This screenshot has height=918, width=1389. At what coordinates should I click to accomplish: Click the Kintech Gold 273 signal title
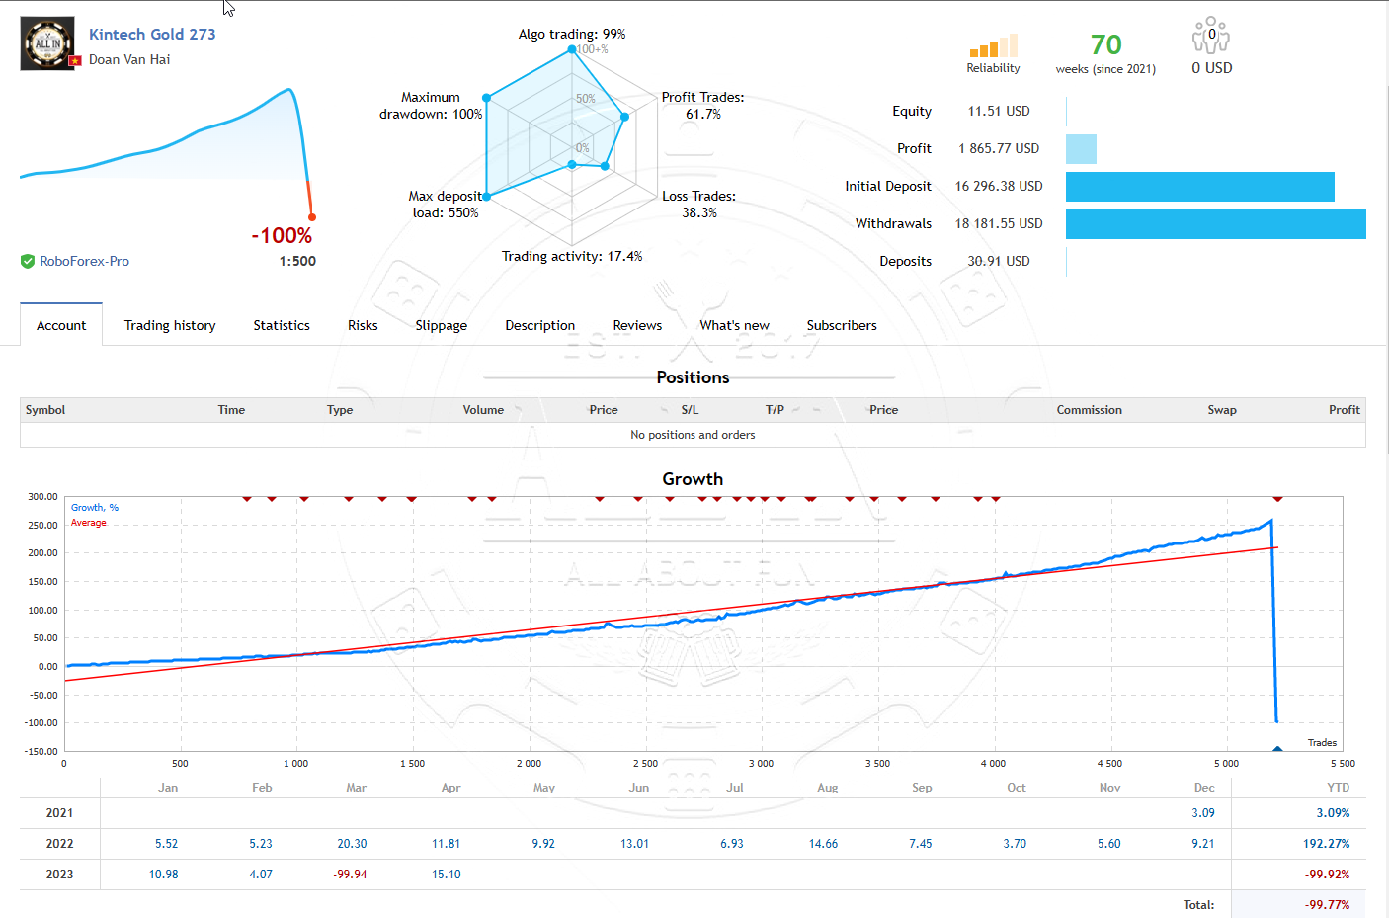(152, 34)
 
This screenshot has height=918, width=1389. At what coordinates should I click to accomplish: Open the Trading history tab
(170, 325)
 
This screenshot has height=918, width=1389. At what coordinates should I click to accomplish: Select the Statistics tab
(282, 325)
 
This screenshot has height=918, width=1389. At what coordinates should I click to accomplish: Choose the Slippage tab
(441, 325)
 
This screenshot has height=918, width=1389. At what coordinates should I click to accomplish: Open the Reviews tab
(637, 325)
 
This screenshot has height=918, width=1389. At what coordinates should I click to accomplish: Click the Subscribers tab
(842, 325)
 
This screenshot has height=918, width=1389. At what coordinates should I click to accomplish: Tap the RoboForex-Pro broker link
(84, 261)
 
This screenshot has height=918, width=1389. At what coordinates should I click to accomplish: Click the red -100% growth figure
(282, 235)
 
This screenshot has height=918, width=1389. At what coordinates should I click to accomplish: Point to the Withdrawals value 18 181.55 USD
(999, 223)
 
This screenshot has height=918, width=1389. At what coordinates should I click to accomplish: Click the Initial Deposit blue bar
(1199, 187)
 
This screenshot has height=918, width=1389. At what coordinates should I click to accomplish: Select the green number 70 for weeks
(1105, 44)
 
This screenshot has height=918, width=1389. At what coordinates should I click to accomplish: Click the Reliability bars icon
(993, 45)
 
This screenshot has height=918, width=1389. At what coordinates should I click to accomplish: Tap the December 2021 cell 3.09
(1202, 813)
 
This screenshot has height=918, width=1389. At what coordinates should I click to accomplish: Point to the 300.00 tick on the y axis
(42, 497)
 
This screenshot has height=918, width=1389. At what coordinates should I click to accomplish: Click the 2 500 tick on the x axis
(645, 764)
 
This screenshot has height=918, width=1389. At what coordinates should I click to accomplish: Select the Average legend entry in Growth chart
(88, 523)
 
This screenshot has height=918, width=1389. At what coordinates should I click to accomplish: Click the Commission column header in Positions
(1089, 410)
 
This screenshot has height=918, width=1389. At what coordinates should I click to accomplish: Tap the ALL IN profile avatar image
(47, 43)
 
